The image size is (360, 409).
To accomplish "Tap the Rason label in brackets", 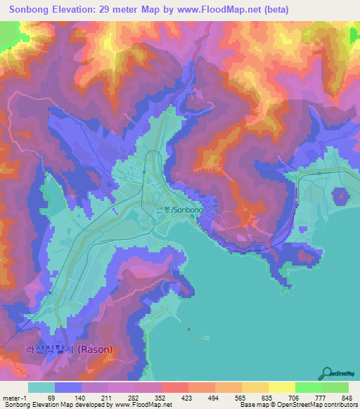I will [94, 349].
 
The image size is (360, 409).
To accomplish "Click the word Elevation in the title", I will [82, 10].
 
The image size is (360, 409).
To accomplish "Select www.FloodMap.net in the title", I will [218, 10].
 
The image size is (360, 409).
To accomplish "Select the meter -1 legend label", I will [13, 398].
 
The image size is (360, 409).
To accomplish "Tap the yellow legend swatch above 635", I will [255, 387].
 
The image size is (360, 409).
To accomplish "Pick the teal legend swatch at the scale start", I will [41, 387].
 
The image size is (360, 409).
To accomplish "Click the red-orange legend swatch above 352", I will [174, 387].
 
